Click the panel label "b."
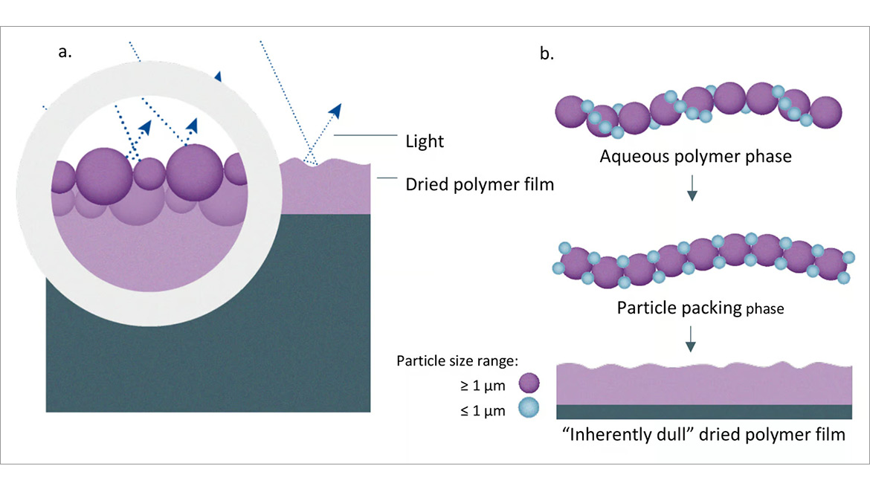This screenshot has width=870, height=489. click(547, 54)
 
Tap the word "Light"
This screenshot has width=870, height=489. click(425, 141)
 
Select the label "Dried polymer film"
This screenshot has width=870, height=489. click(480, 184)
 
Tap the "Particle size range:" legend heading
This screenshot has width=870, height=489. click(457, 361)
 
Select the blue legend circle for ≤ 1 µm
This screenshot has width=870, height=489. click(528, 408)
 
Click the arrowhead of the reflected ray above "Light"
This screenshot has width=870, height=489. click(335, 111)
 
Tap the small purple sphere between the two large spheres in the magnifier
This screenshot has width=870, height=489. click(149, 173)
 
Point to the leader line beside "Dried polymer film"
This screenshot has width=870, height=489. click(385, 178)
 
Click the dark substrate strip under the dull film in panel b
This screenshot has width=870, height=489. click(703, 412)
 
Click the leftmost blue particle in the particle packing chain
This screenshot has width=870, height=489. click(564, 248)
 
